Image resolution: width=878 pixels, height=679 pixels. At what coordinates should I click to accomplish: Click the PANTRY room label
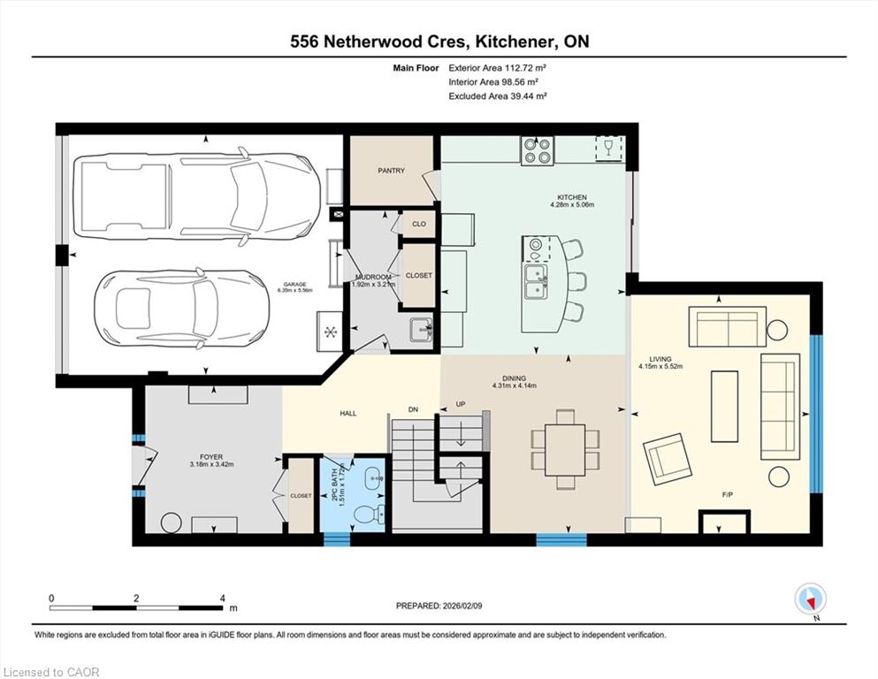point(391,171)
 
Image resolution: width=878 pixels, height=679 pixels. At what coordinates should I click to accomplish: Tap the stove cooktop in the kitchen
point(537,150)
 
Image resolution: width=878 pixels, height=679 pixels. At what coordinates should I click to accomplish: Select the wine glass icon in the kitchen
point(608,148)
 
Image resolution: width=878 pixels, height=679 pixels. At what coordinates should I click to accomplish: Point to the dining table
point(565,449)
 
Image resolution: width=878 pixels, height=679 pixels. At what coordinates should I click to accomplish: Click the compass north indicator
point(810,599)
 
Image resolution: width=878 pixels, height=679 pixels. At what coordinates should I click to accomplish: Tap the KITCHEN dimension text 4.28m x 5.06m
point(572,205)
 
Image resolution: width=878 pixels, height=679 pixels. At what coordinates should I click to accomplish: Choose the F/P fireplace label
point(728,495)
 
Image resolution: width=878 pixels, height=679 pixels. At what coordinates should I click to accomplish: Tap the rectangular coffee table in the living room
point(724,407)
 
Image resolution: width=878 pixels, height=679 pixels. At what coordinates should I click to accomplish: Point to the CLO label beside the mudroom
point(419,224)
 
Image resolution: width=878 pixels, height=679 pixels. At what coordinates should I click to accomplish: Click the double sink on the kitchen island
point(536,281)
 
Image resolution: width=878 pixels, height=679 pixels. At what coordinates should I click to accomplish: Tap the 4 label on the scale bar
point(222,598)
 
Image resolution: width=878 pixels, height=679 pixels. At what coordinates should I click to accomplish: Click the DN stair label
point(413,409)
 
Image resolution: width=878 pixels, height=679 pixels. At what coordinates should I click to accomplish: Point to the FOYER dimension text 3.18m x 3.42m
point(211,465)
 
